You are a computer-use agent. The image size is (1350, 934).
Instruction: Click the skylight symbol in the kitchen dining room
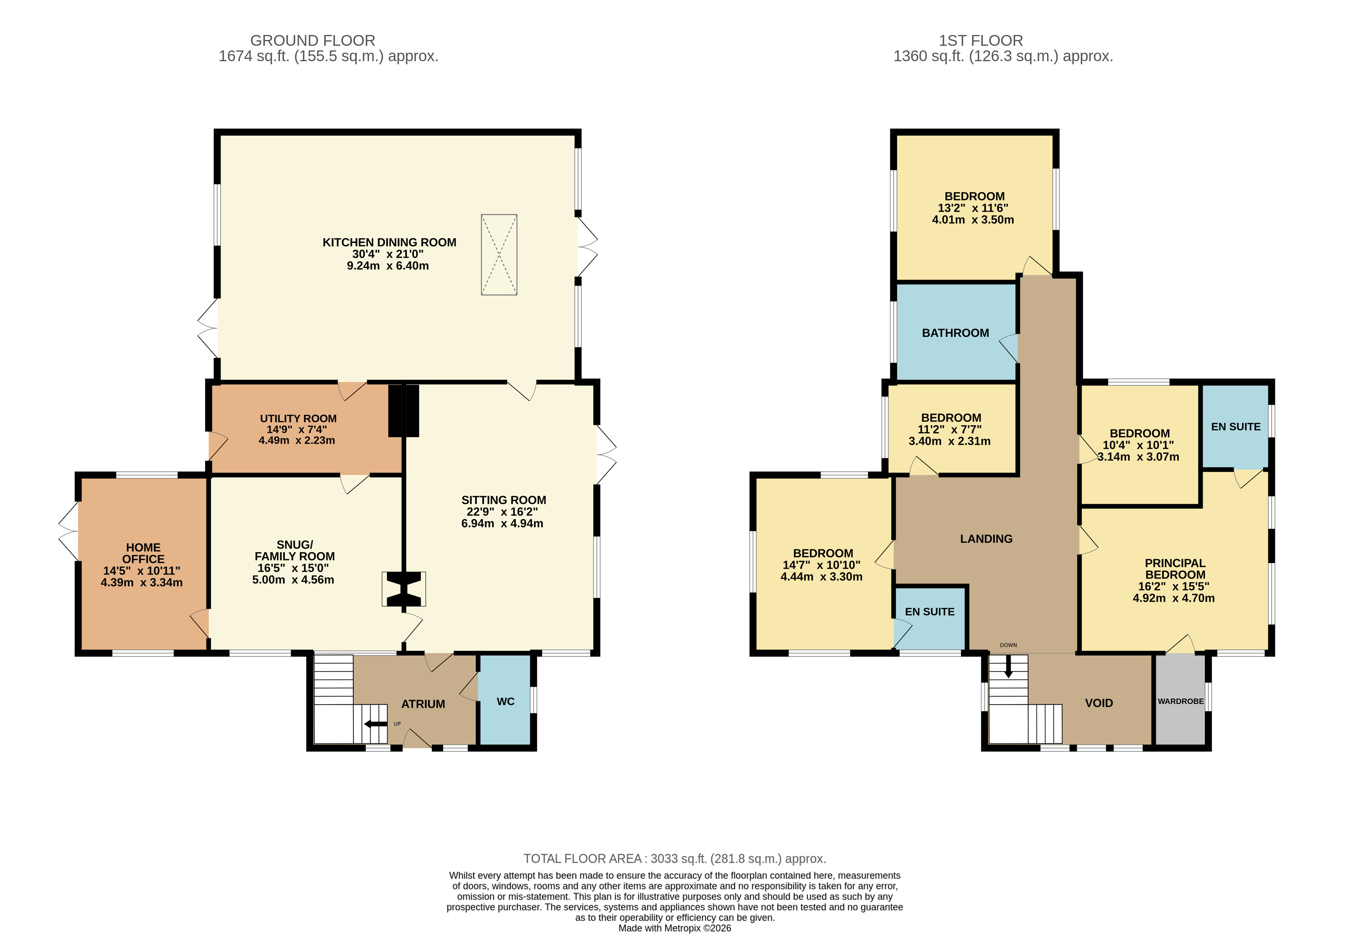[499, 254]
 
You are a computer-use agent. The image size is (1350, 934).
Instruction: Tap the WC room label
[505, 701]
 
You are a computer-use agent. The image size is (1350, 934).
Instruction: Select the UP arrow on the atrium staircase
[375, 724]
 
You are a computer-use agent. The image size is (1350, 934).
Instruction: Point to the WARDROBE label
[1180, 701]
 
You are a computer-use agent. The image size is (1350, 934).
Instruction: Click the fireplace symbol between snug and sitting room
[403, 589]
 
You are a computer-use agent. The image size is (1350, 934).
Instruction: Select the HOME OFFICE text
[143, 553]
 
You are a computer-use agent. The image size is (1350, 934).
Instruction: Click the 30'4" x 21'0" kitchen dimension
[388, 254]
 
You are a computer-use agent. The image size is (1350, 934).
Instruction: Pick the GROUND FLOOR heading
[313, 40]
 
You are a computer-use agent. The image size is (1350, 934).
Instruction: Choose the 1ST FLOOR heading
[980, 40]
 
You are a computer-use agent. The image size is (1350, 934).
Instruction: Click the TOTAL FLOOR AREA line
[674, 859]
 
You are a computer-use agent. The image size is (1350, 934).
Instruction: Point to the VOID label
[1098, 703]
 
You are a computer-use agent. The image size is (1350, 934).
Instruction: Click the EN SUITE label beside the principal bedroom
[1235, 427]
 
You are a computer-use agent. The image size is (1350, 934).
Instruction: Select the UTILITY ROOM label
[298, 418]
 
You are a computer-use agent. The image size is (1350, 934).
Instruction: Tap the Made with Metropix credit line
[674, 927]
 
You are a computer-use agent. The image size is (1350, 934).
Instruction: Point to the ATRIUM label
[423, 704]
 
